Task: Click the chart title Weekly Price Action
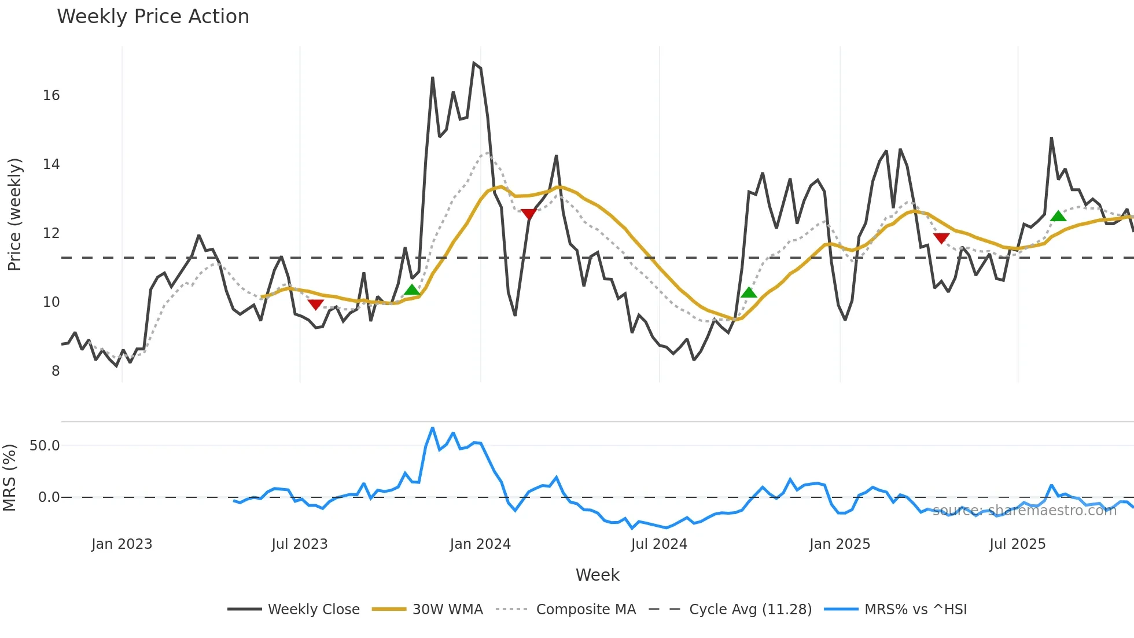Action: point(153,17)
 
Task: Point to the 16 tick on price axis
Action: point(51,96)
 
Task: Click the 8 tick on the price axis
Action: point(56,371)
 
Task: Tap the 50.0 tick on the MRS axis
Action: point(45,446)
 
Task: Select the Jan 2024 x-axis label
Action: point(480,544)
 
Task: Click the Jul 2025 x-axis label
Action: point(1017,544)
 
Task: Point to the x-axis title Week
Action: point(597,575)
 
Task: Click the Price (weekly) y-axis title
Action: point(14,214)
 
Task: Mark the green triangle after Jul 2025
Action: point(1058,216)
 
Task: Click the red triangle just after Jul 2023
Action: point(315,305)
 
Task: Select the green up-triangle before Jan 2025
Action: point(749,292)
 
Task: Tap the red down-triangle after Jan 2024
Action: point(529,214)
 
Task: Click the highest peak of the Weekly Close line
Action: point(474,63)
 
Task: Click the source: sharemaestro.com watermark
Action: point(1024,511)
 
